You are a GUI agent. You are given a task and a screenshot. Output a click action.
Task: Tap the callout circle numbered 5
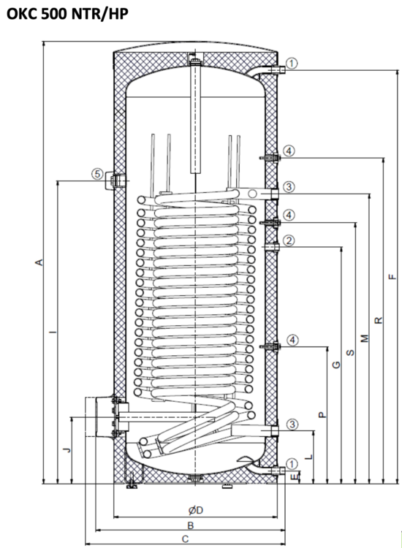(x=96, y=174)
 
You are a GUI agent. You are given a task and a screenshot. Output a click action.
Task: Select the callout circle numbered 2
(x=290, y=240)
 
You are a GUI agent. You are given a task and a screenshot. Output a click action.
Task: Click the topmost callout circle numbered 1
(x=292, y=64)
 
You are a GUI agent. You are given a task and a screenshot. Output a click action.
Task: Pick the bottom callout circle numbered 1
(x=292, y=463)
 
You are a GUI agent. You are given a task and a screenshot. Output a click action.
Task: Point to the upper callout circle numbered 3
(x=290, y=187)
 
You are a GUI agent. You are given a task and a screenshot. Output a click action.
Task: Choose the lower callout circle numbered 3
(x=292, y=424)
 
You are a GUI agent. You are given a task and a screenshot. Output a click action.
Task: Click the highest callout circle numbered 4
(x=290, y=151)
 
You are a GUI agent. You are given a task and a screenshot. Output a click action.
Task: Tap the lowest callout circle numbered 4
(x=292, y=340)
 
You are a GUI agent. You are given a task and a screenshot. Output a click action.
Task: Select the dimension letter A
(x=41, y=262)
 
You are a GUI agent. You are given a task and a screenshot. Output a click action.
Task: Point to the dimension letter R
(x=378, y=320)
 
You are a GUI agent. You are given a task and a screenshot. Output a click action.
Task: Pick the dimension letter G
(x=336, y=365)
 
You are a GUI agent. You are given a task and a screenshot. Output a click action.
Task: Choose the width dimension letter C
(x=186, y=539)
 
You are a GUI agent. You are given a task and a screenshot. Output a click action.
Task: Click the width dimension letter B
(x=190, y=525)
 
